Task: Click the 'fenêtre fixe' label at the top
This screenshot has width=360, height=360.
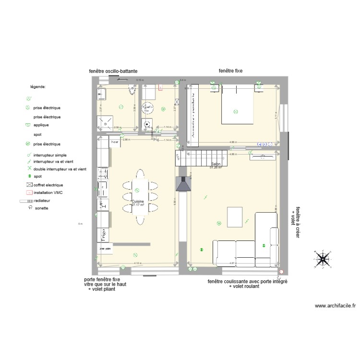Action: pos(230,71)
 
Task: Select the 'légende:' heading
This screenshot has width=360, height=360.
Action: pos(38,87)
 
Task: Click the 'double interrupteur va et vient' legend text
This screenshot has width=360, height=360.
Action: pos(60,169)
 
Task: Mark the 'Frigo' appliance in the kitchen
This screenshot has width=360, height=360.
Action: pos(103,235)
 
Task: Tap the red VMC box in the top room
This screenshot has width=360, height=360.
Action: pos(161,88)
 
